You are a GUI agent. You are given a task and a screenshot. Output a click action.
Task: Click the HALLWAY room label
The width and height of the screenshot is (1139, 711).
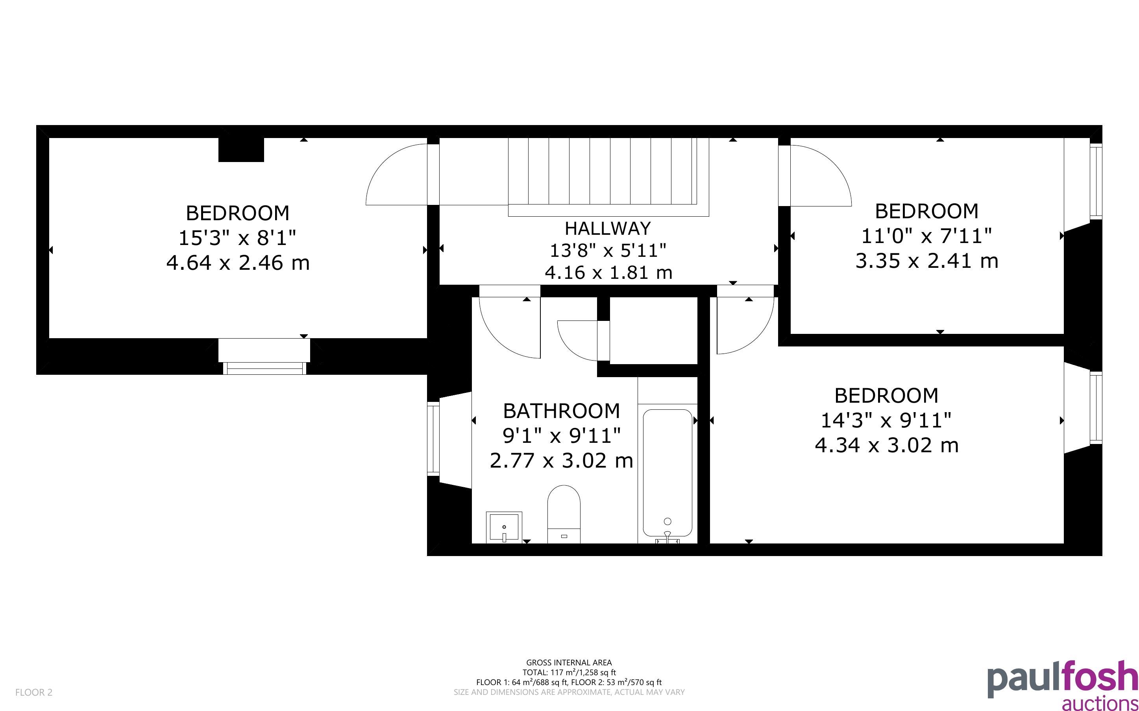[x=608, y=228]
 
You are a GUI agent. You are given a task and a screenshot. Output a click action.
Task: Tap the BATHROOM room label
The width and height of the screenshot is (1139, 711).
[x=561, y=411]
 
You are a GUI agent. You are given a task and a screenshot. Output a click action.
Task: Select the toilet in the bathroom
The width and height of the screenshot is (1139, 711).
[x=564, y=514]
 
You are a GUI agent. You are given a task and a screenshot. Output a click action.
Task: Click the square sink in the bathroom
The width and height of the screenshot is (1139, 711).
[x=504, y=527]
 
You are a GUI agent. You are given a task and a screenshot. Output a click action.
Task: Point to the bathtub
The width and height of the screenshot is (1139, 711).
[x=667, y=473]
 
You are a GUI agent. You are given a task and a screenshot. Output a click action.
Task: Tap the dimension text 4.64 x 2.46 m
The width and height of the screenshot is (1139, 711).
[x=238, y=262]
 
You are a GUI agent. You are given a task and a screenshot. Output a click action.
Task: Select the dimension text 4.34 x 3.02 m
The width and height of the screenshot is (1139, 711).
[x=887, y=445]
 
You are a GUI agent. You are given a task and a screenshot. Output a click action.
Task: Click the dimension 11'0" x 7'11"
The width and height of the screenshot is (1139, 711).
[x=926, y=236]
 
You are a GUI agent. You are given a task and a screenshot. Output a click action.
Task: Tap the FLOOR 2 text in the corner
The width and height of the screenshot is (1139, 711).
[x=34, y=692]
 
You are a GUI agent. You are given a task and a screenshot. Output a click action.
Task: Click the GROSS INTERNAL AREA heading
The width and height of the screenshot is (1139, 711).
[x=569, y=663]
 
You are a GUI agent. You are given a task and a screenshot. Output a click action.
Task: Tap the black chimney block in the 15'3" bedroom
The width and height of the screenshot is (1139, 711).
[x=241, y=149]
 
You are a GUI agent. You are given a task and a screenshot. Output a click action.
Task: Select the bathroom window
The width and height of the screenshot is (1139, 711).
[x=433, y=438]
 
